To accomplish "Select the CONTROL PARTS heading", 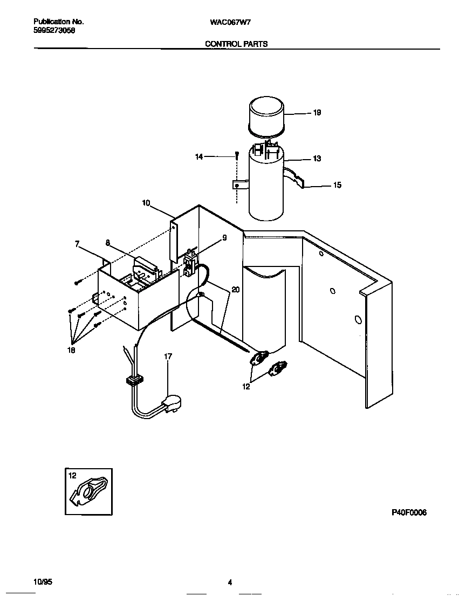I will pyautogui.click(x=236, y=44).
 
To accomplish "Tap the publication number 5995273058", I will pyautogui.click(x=54, y=31).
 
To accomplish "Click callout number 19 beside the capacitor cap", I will pyautogui.click(x=317, y=113).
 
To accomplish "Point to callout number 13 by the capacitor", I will pyautogui.click(x=317, y=159).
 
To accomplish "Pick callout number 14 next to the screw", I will pyautogui.click(x=199, y=157).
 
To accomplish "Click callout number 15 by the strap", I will pyautogui.click(x=337, y=185).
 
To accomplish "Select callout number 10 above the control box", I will pyautogui.click(x=146, y=203).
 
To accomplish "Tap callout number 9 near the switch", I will pyautogui.click(x=224, y=237).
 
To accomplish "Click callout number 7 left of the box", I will pyautogui.click(x=77, y=244).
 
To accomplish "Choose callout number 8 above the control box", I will pyautogui.click(x=108, y=243).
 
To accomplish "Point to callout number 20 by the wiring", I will pyautogui.click(x=235, y=290).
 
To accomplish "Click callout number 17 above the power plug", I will pyautogui.click(x=168, y=357).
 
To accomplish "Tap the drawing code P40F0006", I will pyautogui.click(x=408, y=513).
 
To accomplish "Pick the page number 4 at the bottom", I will pyautogui.click(x=230, y=583).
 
